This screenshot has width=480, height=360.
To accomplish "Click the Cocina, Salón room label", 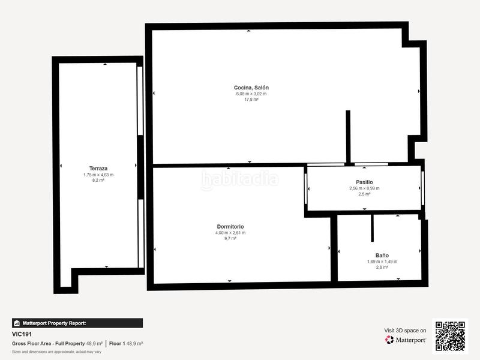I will tap(251, 88).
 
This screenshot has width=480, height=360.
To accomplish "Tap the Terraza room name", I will tap(98, 169).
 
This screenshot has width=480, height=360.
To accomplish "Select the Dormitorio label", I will tap(230, 227).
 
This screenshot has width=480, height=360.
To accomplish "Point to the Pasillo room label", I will tap(364, 182).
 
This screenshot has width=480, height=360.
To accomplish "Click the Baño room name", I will tap(382, 255).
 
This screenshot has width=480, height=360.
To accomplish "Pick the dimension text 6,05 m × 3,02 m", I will tap(251, 94).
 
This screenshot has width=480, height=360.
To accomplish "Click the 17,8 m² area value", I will tap(251, 100).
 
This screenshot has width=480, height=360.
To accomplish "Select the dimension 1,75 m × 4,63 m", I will tap(98, 175).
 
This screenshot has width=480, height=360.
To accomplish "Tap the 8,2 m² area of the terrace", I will tap(98, 181).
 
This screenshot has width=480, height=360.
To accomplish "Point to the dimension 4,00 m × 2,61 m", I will tap(230, 233).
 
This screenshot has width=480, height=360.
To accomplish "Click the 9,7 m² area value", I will tap(230, 239).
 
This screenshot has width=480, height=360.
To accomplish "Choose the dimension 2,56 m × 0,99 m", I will tap(364, 188).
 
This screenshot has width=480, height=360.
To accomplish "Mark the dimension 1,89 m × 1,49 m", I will tap(382, 262).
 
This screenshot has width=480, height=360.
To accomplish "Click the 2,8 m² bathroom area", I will tap(382, 268).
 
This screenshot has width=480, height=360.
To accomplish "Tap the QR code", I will tap(450, 336).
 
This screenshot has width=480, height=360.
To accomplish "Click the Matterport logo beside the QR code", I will tap(406, 340).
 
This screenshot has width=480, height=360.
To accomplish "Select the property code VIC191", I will tap(22, 334).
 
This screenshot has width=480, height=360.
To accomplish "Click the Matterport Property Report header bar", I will tap(77, 323).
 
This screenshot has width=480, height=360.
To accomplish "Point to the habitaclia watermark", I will tap(240, 178).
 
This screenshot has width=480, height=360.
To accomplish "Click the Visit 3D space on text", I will tap(405, 331).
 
